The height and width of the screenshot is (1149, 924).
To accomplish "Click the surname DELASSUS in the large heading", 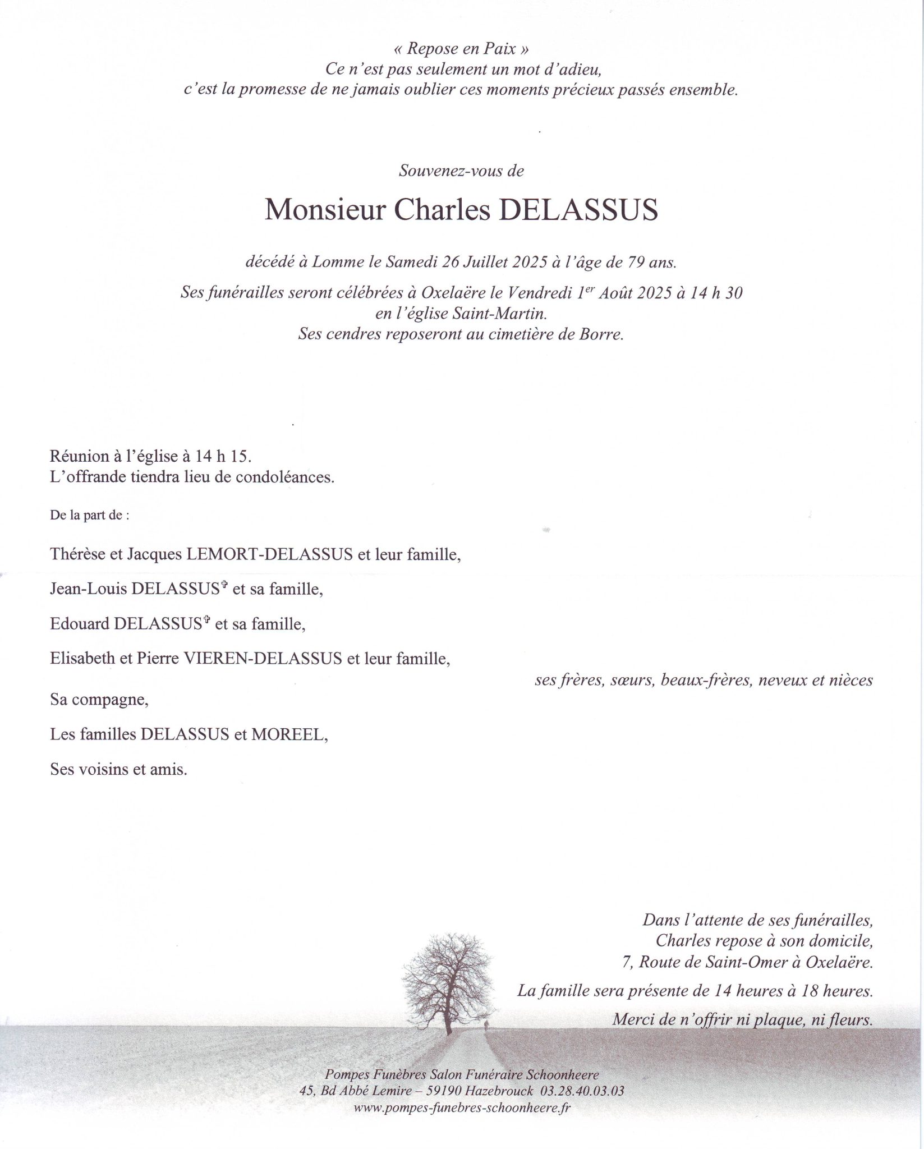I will tap(578, 210).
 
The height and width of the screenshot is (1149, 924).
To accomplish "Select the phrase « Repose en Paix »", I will tap(461, 49).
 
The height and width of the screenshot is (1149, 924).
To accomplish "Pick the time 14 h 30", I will tap(716, 293).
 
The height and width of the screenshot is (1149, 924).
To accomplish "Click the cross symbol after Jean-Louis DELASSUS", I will tap(224, 585).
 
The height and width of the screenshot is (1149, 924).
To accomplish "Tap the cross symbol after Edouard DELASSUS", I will tap(207, 620).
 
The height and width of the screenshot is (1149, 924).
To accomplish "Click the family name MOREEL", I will tap(288, 734).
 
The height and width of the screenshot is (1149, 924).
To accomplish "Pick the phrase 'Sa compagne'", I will tap(99, 700).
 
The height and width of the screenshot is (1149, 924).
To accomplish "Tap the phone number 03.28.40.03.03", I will tap(582, 1091).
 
